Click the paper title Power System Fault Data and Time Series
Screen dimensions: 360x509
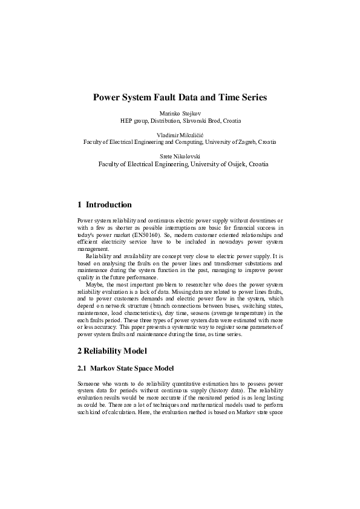coord(180,97)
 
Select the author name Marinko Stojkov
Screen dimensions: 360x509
coord(180,114)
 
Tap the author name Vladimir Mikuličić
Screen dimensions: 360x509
coord(180,135)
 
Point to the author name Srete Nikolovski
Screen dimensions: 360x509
coord(180,156)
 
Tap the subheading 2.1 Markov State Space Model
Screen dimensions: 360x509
coord(128,368)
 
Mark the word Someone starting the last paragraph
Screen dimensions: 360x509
coord(90,384)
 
